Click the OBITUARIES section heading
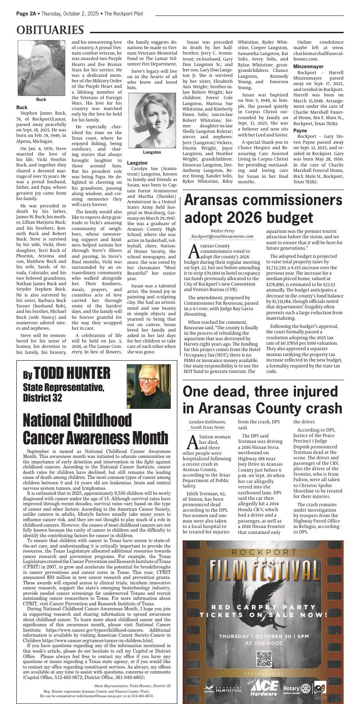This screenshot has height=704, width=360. click(50, 30)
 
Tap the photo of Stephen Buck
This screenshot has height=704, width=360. click(41, 68)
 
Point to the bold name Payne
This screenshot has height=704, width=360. click(300, 131)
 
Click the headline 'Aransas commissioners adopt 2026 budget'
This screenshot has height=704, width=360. click(263, 208)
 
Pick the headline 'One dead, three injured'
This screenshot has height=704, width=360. click(262, 399)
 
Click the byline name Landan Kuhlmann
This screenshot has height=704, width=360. click(207, 422)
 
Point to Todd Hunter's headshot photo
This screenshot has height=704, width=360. click(155, 386)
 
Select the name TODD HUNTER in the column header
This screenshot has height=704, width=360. click(72, 373)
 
